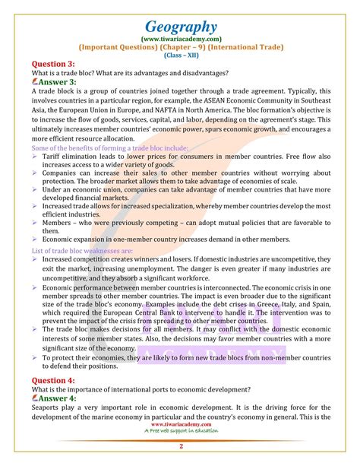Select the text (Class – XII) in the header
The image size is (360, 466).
(180, 55)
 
